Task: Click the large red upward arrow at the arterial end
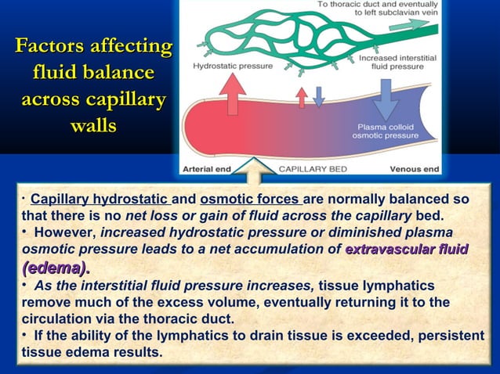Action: click(x=234, y=93)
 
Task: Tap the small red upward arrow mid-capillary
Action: click(x=302, y=97)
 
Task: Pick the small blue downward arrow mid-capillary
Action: click(x=319, y=95)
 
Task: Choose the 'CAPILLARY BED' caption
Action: click(x=310, y=168)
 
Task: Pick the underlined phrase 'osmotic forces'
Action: click(x=251, y=199)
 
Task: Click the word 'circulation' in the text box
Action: click(x=63, y=319)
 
